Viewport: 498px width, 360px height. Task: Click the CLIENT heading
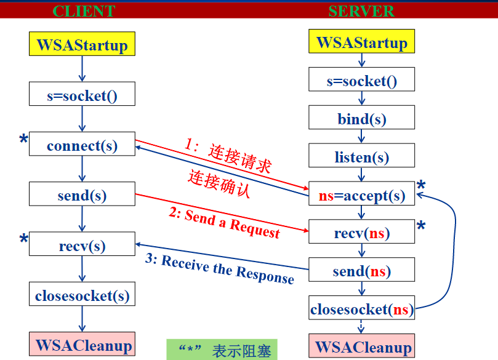coord(84,11)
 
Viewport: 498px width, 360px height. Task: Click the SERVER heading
coord(361,11)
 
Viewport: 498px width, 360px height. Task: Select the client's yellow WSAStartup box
coord(82,45)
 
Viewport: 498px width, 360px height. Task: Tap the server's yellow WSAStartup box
coord(361,42)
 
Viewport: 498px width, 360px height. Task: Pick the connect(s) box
coord(82,146)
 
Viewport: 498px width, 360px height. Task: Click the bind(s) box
coord(361,119)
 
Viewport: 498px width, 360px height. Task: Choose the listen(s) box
coord(361,157)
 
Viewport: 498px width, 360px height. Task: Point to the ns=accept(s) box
coord(361,196)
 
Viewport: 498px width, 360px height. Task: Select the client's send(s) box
coord(82,196)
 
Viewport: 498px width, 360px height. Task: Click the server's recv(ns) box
coord(361,233)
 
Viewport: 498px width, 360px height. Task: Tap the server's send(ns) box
coord(361,271)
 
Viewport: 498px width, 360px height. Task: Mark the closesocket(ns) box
coord(361,309)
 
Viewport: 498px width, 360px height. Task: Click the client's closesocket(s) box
coord(82,295)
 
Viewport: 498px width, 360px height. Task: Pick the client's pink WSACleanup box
coord(82,345)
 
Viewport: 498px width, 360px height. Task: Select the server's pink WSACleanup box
coord(361,346)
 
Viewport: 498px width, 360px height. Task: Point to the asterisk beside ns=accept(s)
coord(421,186)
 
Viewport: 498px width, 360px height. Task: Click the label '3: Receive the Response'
coord(220,269)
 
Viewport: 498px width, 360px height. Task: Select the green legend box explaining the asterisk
coord(222,350)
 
